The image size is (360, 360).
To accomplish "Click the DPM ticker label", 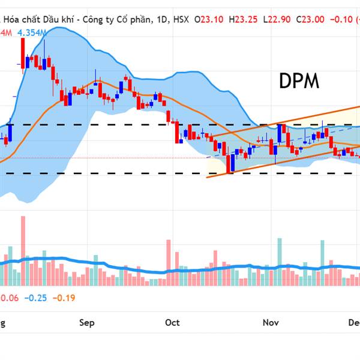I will [299, 82].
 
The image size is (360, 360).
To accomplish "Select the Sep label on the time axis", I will [87, 323].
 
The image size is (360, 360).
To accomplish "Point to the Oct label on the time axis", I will [172, 323].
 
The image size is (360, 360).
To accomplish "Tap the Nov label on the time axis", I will [271, 323].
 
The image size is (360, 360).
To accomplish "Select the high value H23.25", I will [246, 20].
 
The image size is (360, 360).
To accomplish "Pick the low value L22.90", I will [281, 20].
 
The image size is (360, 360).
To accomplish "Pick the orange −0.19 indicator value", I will [64, 298].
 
